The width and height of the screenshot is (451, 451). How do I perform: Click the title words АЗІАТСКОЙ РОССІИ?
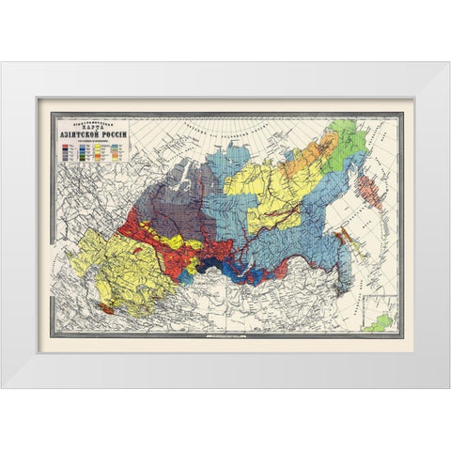(93, 133)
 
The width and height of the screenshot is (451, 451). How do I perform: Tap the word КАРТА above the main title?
(93, 125)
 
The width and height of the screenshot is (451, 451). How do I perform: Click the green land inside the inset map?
(380, 322)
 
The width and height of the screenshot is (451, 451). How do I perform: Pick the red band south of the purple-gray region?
(155, 235)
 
